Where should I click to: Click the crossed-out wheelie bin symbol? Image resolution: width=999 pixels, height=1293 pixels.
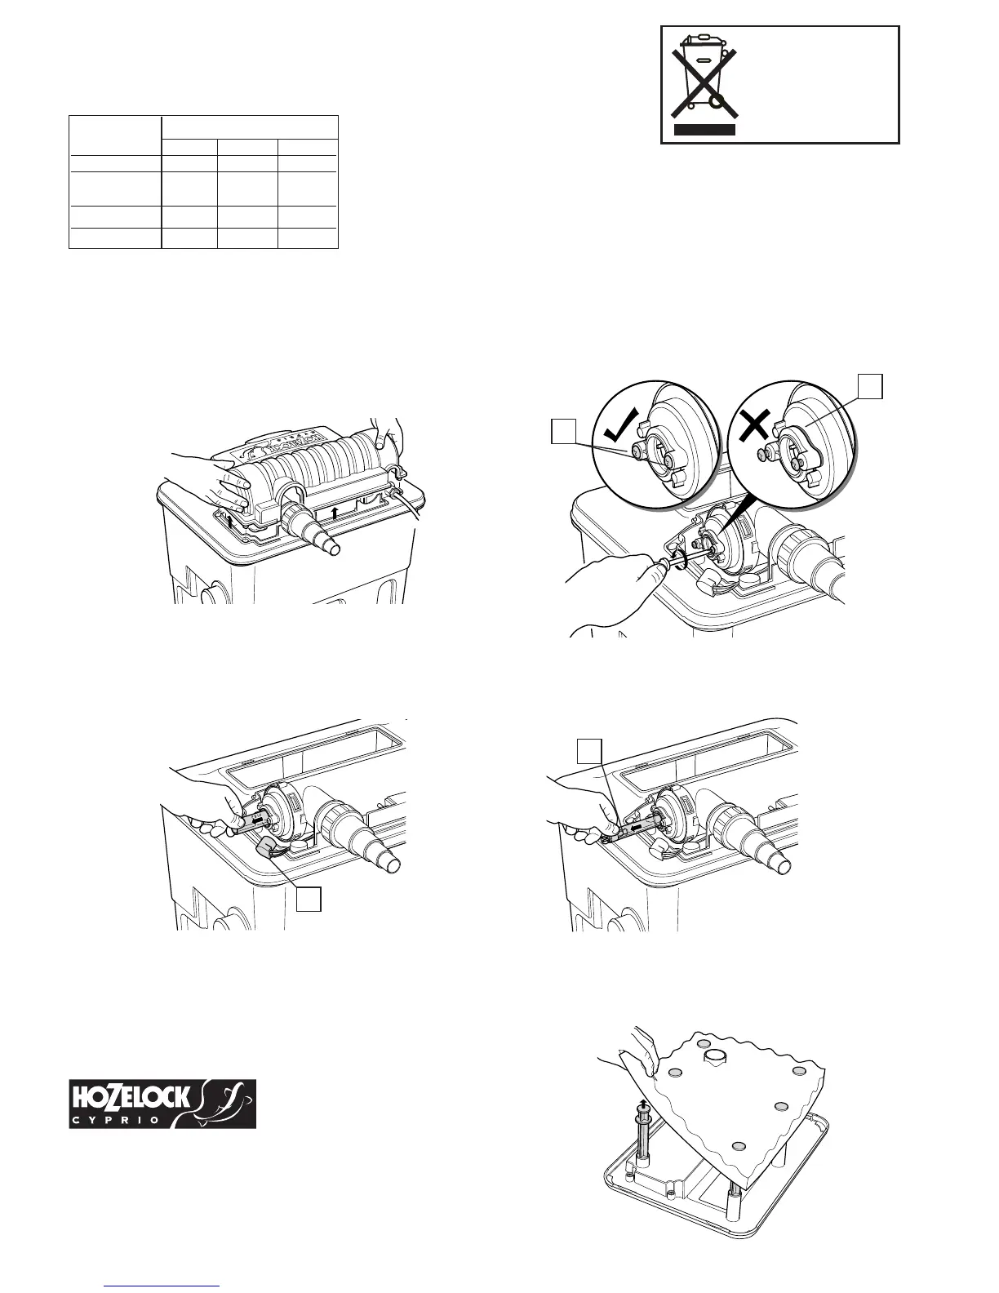pyautogui.click(x=704, y=73)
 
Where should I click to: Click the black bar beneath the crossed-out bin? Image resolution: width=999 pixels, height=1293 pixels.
pyautogui.click(x=704, y=129)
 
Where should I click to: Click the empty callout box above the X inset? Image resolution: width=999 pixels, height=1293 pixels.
pyautogui.click(x=870, y=386)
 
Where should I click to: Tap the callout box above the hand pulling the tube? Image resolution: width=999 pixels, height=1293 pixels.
pyautogui.click(x=590, y=750)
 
